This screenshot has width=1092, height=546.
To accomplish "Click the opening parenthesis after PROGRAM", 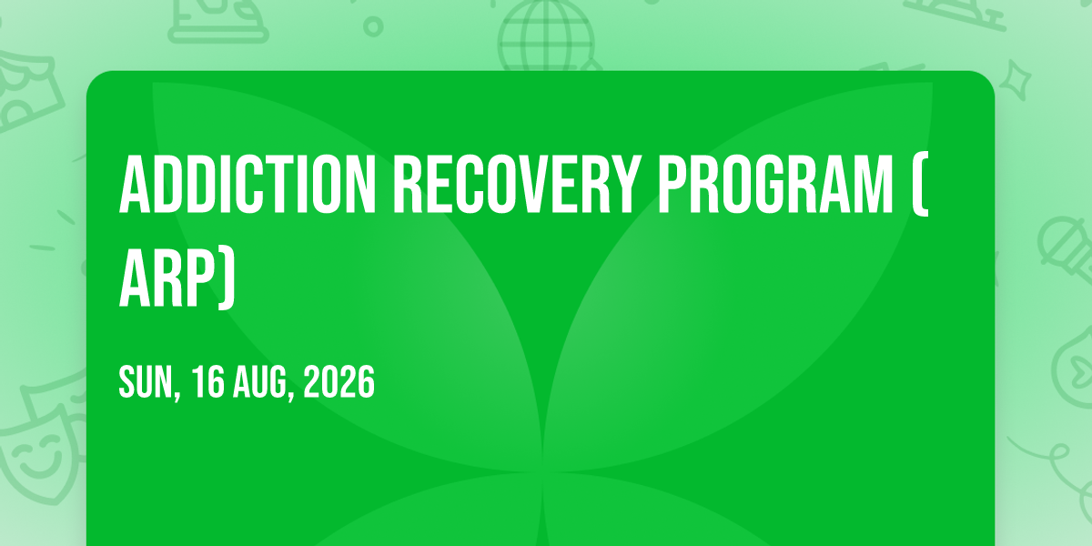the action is click(920, 184).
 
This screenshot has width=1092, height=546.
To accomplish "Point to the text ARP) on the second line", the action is click(177, 278).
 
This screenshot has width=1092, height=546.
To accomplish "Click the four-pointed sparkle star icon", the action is click(1016, 79).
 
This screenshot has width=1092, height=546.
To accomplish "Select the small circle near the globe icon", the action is click(373, 26).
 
